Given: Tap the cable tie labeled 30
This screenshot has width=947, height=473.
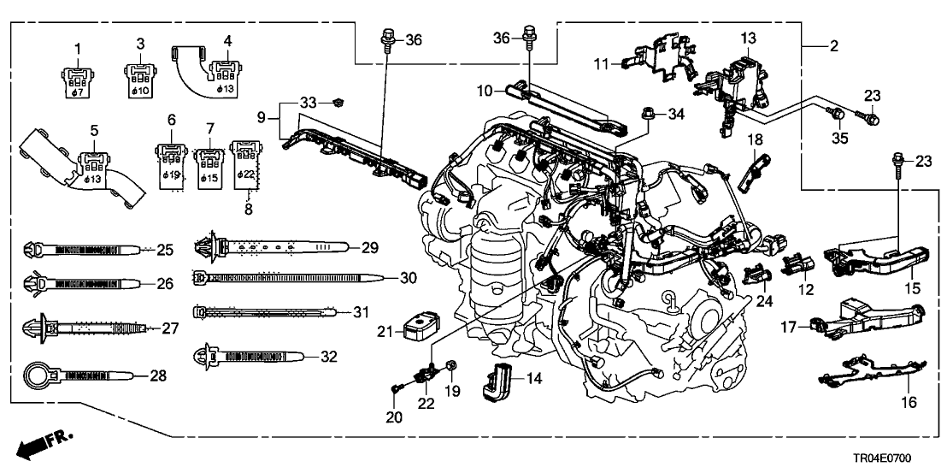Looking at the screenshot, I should pos(282,277).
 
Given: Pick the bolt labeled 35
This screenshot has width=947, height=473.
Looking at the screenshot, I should pos(838,112).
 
